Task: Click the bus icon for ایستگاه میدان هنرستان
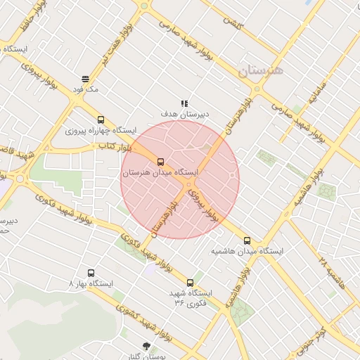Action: click(x=160, y=162)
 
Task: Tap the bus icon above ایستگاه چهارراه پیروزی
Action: click(x=101, y=120)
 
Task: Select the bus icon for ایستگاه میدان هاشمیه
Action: click(x=246, y=240)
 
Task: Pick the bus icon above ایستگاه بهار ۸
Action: click(x=91, y=274)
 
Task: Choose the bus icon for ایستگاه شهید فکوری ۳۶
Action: click(x=190, y=283)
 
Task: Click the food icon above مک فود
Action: click(x=85, y=79)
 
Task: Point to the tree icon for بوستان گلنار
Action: click(x=146, y=346)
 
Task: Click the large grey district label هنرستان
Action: click(x=259, y=71)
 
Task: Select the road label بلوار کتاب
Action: click(x=112, y=146)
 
